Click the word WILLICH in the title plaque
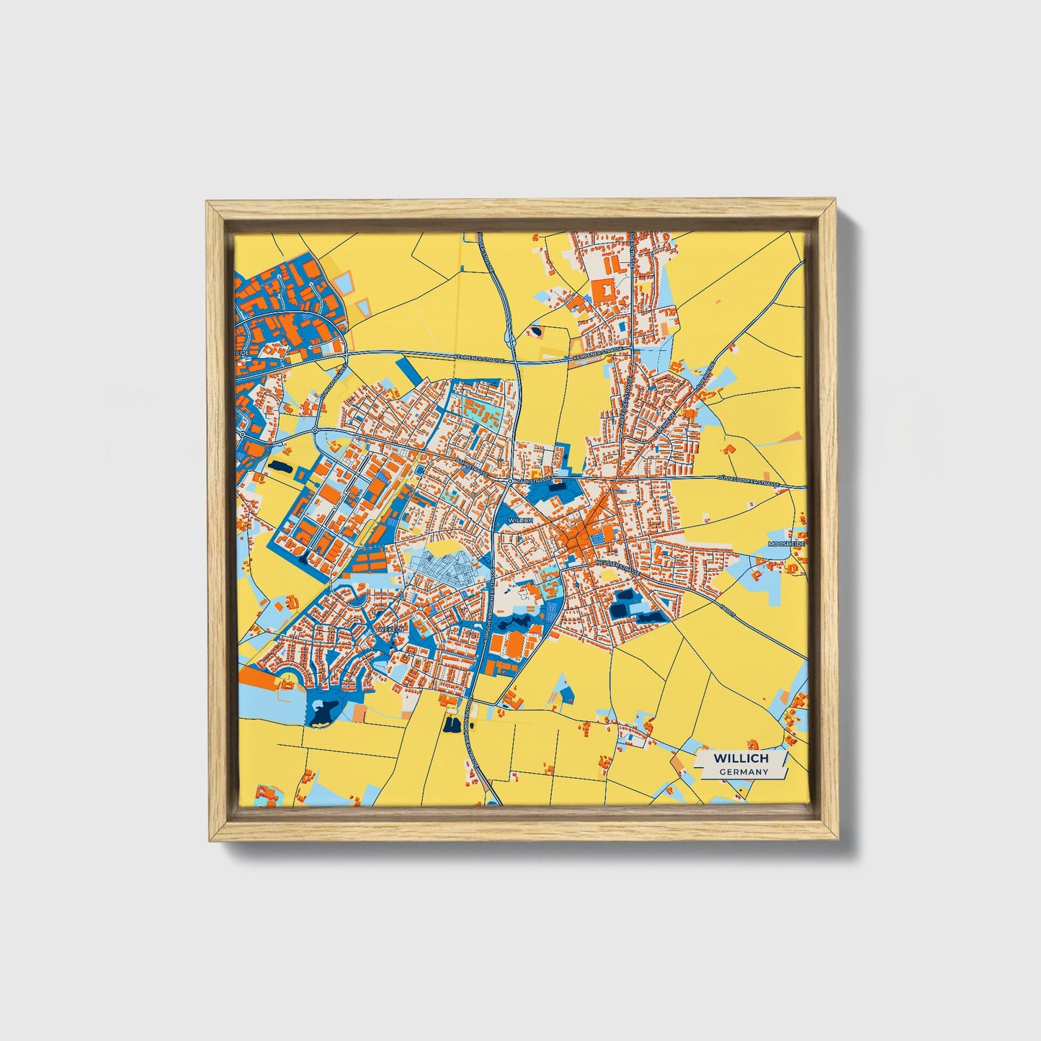pyautogui.click(x=741, y=758)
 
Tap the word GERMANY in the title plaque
pyautogui.click(x=743, y=772)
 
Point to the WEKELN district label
pyautogui.click(x=387, y=629)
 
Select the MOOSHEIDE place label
pyautogui.click(x=785, y=543)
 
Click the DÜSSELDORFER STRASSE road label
pyautogui.click(x=749, y=483)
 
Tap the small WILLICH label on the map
pyautogui.click(x=519, y=519)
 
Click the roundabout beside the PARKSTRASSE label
pyautogui.click(x=510, y=480)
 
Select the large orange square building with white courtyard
pyautogui.click(x=604, y=291)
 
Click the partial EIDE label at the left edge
pyautogui.click(x=242, y=352)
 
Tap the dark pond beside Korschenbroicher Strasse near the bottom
pyautogui.click(x=452, y=724)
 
